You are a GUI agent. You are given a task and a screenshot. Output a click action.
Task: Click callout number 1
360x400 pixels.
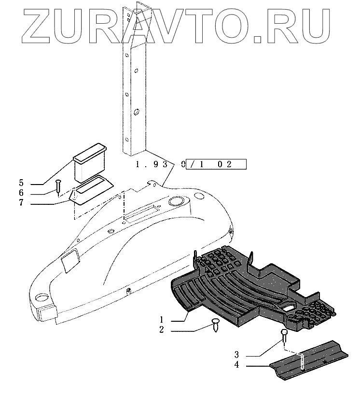tap(162, 320)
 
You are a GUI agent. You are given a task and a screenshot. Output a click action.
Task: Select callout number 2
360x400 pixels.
tap(162, 330)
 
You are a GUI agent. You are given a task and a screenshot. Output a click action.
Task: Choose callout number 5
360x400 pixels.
tap(21, 183)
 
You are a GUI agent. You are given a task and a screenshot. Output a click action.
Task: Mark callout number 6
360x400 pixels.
tap(21, 193)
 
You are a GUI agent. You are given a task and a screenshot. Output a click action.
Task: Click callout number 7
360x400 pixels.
tap(21, 203)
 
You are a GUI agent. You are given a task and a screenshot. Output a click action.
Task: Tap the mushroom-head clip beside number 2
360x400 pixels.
tap(216, 325)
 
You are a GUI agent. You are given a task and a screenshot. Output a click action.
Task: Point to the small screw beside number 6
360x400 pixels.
tap(58, 186)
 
